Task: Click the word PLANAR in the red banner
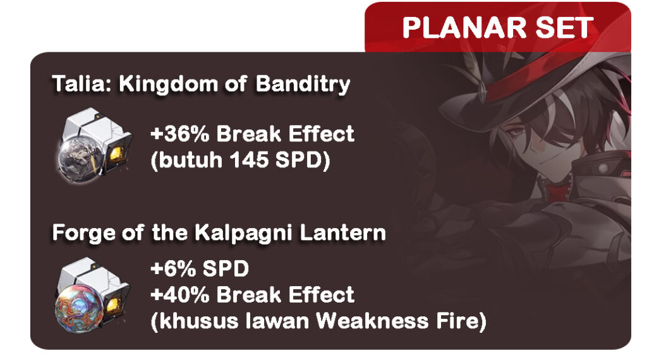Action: pos(464,28)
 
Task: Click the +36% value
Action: pos(180,134)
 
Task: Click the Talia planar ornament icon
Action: pos(95,145)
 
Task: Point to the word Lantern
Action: pos(342,233)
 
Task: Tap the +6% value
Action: pos(173,269)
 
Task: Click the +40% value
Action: pos(180,295)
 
